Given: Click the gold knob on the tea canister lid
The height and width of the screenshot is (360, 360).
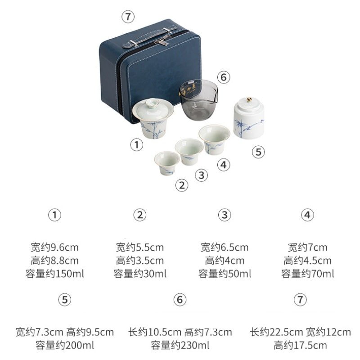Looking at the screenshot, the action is click(x=249, y=100).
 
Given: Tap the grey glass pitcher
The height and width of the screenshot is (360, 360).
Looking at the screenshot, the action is click(x=198, y=99).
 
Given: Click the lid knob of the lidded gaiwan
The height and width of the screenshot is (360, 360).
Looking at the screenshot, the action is click(x=153, y=103).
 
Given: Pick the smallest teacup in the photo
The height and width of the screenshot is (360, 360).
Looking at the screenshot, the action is click(x=167, y=162).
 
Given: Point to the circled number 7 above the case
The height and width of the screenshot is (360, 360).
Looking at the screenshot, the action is click(x=128, y=17).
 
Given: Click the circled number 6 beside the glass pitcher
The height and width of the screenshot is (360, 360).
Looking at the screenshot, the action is click(x=224, y=77).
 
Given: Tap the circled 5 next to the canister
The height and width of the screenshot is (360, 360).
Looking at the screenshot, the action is click(x=258, y=152).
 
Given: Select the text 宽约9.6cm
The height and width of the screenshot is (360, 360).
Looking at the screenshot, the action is click(x=54, y=247).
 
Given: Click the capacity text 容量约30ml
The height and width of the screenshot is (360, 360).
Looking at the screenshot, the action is click(x=140, y=274).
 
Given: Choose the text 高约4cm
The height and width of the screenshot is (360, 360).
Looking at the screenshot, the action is click(x=225, y=261).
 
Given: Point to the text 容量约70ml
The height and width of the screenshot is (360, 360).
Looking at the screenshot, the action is click(x=308, y=274).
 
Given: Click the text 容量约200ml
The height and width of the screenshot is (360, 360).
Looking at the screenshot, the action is click(x=65, y=345).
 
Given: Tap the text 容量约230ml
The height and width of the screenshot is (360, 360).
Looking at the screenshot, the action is click(x=180, y=345).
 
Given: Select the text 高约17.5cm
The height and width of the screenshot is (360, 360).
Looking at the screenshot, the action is click(x=300, y=345).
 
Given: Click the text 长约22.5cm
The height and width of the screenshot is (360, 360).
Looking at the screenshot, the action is click(x=276, y=332).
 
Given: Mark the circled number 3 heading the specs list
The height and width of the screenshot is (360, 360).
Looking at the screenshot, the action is click(x=225, y=215).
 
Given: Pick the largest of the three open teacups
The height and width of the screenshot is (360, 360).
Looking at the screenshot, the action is click(x=214, y=139).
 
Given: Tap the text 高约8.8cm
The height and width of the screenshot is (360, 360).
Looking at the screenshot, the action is click(x=54, y=261).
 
